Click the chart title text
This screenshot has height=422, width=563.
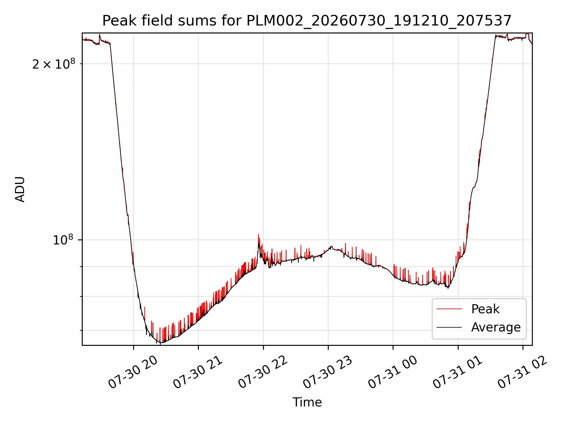pyautogui.click(x=307, y=21)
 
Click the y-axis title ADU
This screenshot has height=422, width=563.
pyautogui.click(x=20, y=189)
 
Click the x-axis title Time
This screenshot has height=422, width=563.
pyautogui.click(x=307, y=402)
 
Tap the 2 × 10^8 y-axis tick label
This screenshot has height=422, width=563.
pyautogui.click(x=54, y=64)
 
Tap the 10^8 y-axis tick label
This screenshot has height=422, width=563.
pyautogui.click(x=63, y=240)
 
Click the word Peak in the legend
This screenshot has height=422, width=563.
pyautogui.click(x=485, y=309)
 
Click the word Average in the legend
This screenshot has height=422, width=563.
pyautogui.click(x=496, y=327)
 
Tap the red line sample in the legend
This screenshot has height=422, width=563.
pyautogui.click(x=449, y=309)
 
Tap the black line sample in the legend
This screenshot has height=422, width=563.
pyautogui.click(x=449, y=327)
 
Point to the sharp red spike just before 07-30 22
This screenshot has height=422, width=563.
pyautogui.click(x=258, y=234)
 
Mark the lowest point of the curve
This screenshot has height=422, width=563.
pyautogui.click(x=161, y=343)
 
